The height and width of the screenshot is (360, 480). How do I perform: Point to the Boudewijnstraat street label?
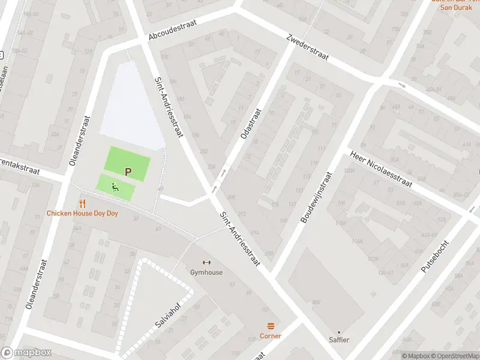point(316,198)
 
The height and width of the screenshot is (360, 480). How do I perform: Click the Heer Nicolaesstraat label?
point(382,169)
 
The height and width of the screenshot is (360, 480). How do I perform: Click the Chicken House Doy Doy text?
point(83,214)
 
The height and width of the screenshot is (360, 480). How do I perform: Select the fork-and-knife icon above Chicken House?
point(83,204)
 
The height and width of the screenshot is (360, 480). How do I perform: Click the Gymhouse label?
point(206,272)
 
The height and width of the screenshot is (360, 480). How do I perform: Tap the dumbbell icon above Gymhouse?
point(206,262)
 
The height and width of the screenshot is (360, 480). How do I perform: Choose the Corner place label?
point(271,336)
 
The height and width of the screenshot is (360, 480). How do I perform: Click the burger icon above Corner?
point(271,326)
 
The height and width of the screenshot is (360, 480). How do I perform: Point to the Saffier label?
point(338,340)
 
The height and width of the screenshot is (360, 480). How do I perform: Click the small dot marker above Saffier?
point(338,332)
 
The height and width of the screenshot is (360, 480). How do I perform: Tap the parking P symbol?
point(128,172)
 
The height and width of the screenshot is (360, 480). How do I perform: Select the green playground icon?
point(114,187)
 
